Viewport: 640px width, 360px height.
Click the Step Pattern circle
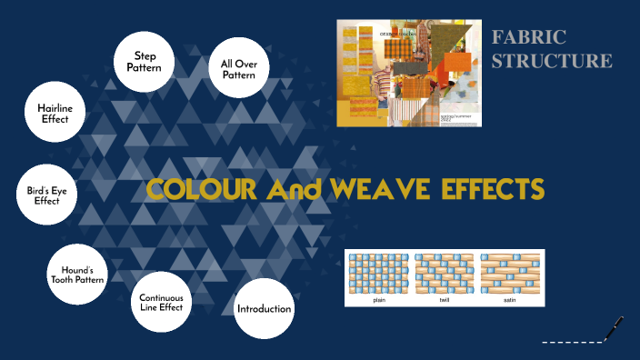click(x=143, y=62)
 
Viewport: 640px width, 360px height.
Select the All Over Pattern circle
click(x=238, y=69)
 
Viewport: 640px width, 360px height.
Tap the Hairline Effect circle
click(x=55, y=112)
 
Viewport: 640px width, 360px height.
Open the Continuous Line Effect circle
click(x=161, y=302)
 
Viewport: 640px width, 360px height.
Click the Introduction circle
click(x=264, y=309)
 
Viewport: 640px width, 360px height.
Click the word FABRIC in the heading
click(x=529, y=37)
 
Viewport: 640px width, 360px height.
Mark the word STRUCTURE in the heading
click(x=552, y=61)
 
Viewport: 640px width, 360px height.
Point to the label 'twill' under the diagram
click(x=445, y=300)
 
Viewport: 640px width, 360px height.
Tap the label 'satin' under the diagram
click(x=510, y=300)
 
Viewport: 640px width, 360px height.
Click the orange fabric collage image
click(x=409, y=73)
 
